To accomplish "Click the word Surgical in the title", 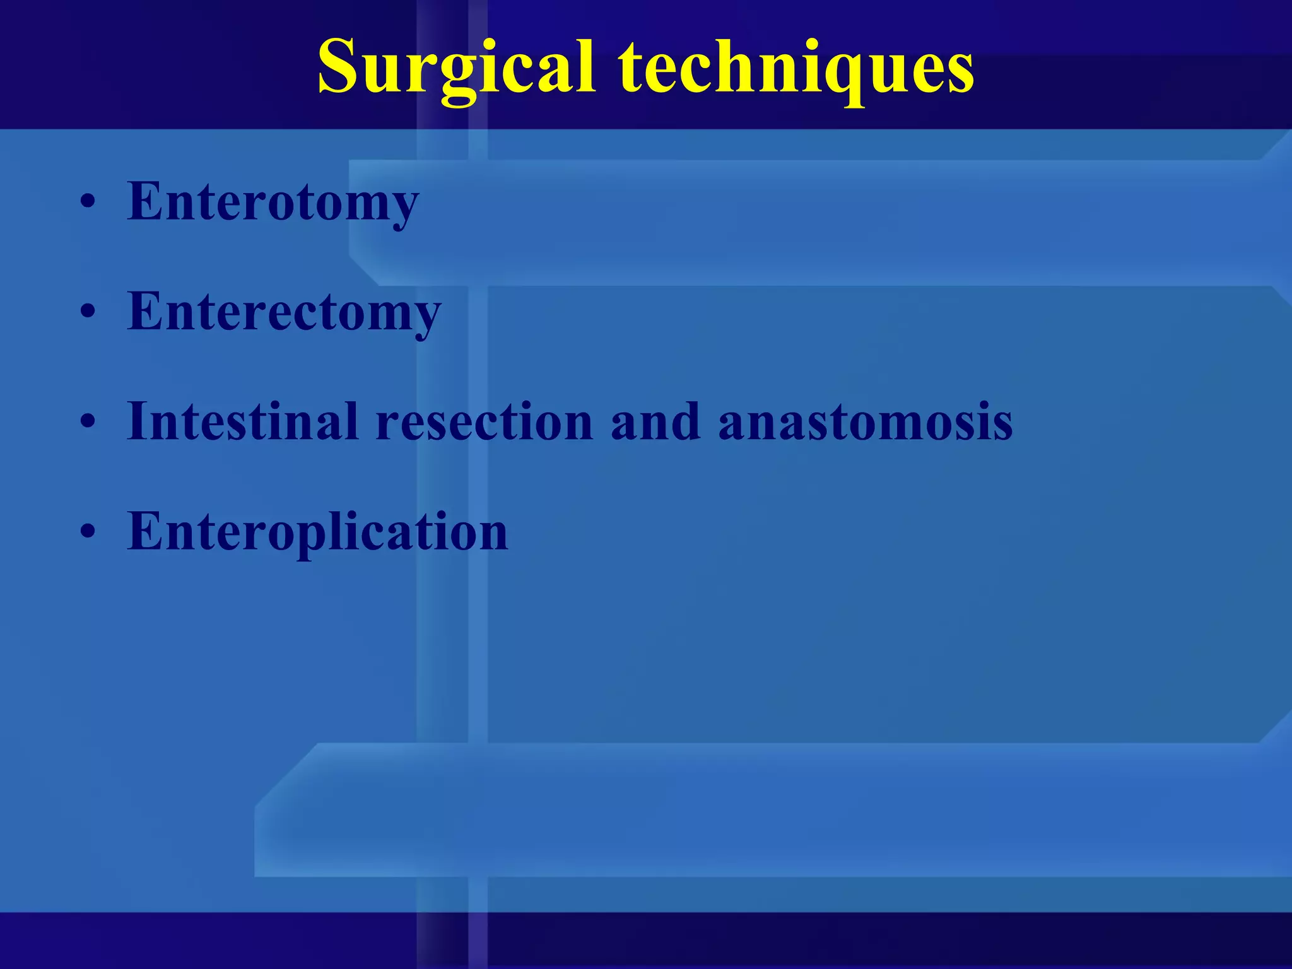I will pos(455,68).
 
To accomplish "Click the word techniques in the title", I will pos(796,68).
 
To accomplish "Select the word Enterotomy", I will pos(273,202).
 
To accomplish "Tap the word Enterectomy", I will pos(284,312).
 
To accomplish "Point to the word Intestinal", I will pos(243,421).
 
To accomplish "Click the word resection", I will pos(484,421).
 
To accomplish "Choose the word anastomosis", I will pos(865,421).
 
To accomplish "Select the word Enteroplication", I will pos(317,531).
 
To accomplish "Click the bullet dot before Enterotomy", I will pos(88,203).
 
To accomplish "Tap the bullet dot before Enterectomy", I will pos(88,312).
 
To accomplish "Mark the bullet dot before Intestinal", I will pos(88,422).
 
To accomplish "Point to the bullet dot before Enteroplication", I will pos(88,532).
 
